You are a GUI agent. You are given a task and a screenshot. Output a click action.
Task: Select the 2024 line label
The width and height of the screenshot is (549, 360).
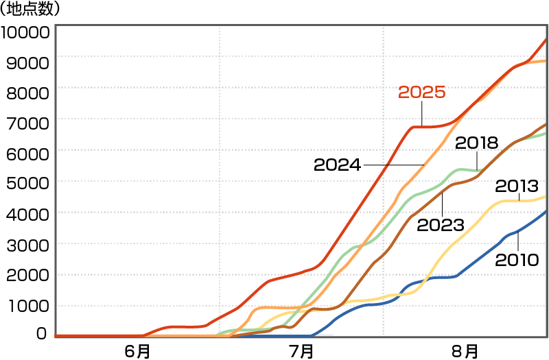(x=337, y=165)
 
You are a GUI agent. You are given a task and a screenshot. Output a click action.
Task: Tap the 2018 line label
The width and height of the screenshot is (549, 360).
(x=476, y=143)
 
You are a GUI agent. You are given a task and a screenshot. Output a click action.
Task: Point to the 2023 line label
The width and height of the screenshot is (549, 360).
(x=441, y=224)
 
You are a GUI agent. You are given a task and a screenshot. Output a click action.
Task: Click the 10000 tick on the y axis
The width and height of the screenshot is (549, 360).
(x=26, y=32)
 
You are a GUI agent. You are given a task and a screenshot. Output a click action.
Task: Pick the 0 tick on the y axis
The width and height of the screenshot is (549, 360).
(x=41, y=334)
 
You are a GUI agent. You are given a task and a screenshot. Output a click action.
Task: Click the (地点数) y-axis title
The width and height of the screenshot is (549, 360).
(x=30, y=10)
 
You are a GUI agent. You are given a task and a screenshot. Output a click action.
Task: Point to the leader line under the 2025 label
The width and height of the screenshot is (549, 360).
(x=422, y=114)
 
